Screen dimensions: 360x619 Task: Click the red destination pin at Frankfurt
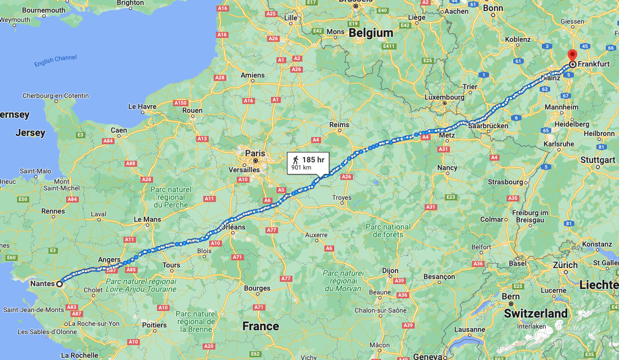pos(572,55)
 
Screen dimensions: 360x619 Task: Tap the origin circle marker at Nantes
pos(59,284)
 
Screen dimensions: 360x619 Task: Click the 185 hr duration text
pos(313,160)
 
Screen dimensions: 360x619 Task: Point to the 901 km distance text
pos(301,167)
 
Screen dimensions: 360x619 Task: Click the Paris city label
pos(255,154)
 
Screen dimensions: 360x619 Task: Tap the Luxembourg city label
pos(444,97)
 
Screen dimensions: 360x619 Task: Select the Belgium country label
pos(371,32)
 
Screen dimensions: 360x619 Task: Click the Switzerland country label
pos(536,313)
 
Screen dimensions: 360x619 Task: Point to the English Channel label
pos(56,61)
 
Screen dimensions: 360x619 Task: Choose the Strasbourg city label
pos(505,182)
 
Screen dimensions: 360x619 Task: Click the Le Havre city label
pos(142,106)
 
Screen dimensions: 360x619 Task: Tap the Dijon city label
pos(390,271)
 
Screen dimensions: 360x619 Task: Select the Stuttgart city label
pos(598,160)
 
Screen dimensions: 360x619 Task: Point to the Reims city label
pos(339,125)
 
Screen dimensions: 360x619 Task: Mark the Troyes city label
pos(342,198)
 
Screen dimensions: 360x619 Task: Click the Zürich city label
pos(565,265)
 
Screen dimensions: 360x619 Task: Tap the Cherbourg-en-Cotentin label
pos(55,96)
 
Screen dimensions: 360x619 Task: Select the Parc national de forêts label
pos(388,231)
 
